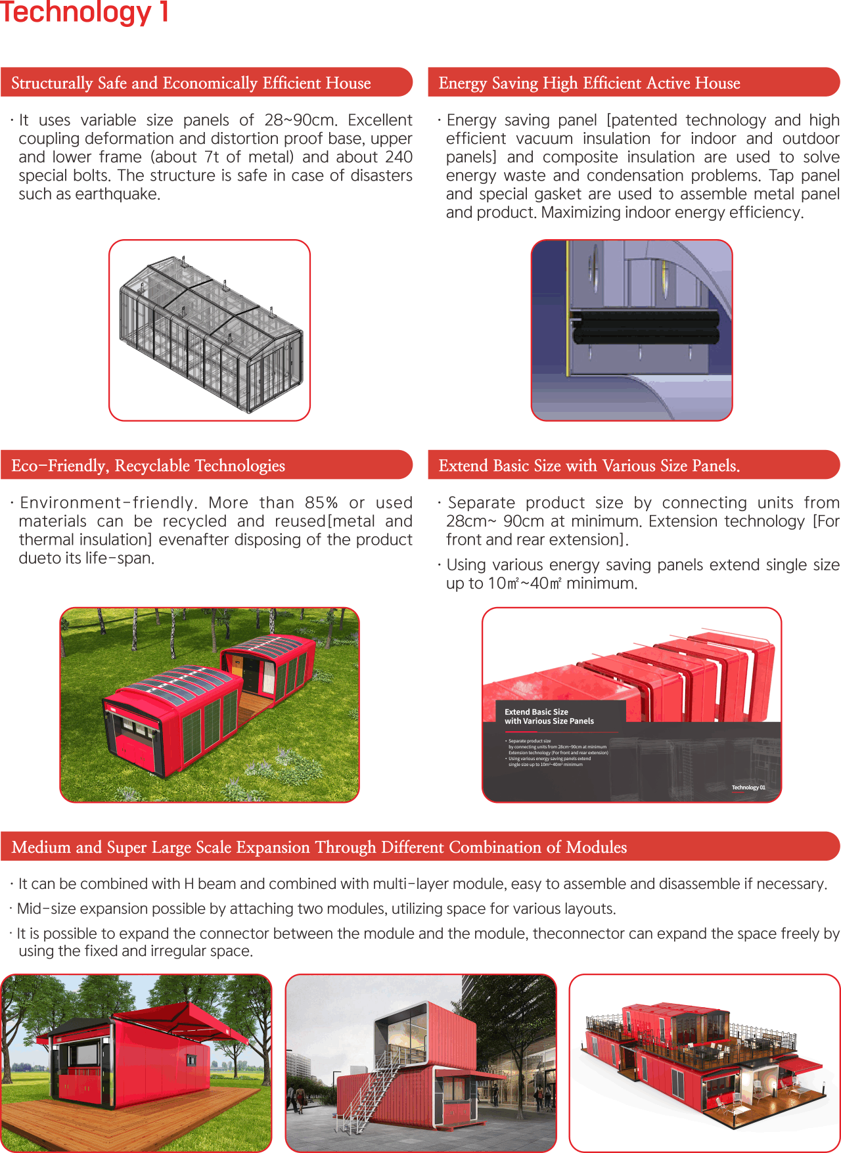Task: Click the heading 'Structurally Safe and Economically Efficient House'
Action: pos(191,83)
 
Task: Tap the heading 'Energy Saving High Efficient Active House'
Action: pos(589,83)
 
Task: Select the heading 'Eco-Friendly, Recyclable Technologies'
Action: pos(148,466)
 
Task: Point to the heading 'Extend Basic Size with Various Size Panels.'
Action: pos(589,466)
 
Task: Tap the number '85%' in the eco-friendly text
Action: pos(321,503)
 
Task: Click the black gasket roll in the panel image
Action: pos(644,327)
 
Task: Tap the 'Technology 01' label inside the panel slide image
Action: pos(748,787)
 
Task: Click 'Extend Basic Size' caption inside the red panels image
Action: pos(536,712)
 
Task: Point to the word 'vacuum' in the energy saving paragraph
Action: pos(544,139)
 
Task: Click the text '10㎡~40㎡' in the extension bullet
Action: pos(524,583)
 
